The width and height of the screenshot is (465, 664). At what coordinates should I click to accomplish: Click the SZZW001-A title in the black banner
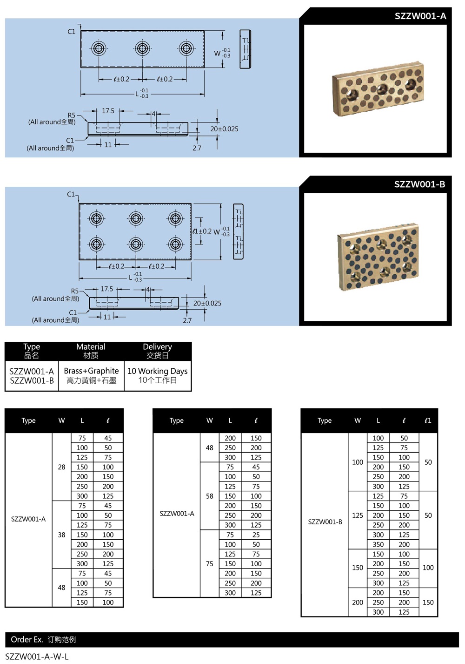(x=420, y=16)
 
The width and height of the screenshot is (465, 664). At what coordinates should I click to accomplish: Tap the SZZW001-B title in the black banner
(x=419, y=184)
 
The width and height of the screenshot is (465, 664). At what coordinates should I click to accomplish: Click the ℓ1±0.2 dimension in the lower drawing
(x=202, y=231)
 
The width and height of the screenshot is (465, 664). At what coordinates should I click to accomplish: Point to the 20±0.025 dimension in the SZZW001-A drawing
(x=224, y=129)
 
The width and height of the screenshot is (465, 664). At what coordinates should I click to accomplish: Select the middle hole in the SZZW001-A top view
(x=142, y=48)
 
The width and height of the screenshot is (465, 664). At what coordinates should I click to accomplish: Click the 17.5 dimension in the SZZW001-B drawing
(x=107, y=289)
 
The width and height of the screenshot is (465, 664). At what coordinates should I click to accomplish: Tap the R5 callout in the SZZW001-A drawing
(x=71, y=115)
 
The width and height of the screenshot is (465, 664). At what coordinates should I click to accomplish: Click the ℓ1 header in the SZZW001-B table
(x=428, y=420)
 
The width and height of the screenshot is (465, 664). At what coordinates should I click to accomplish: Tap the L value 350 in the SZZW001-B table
(x=378, y=544)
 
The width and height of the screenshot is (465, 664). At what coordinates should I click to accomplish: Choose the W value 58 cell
(x=210, y=496)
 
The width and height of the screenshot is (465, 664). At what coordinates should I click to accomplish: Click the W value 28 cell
(x=61, y=467)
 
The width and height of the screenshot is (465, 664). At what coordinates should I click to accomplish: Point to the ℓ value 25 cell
(x=256, y=535)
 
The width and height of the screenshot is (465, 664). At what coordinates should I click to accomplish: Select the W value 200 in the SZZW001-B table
(x=358, y=603)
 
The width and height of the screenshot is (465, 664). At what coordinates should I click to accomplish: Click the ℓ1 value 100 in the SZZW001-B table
(x=428, y=568)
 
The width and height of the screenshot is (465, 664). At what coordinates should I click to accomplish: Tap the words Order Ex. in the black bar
(x=27, y=640)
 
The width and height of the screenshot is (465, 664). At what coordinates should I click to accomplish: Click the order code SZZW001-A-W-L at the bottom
(x=37, y=657)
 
